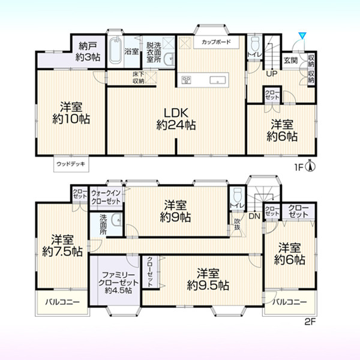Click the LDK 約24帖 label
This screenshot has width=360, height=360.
click(176, 119)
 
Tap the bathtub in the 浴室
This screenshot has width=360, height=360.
click(115, 50)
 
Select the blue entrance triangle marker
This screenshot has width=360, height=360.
click(302, 35)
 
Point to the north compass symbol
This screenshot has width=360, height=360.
click(310, 166)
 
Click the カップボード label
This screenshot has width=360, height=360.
click(216, 42)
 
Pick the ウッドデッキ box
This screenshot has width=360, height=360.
click(71, 164)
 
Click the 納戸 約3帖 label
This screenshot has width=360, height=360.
click(88, 52)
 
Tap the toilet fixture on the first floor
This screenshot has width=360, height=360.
click(255, 44)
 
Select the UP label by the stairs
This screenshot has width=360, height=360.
click(272, 74)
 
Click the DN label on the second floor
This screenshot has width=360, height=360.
click(254, 216)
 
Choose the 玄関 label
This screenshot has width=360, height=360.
click(290, 61)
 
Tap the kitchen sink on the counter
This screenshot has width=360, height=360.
click(217, 80)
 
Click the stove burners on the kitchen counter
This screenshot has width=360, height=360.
click(186, 80)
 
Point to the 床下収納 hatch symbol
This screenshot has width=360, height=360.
click(151, 77)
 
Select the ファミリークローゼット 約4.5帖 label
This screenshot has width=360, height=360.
click(118, 283)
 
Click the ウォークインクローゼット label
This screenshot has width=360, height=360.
click(106, 197)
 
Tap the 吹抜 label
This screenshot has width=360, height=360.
click(237, 224)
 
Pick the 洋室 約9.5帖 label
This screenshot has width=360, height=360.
click(208, 280)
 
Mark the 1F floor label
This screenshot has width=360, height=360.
click(299, 167)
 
